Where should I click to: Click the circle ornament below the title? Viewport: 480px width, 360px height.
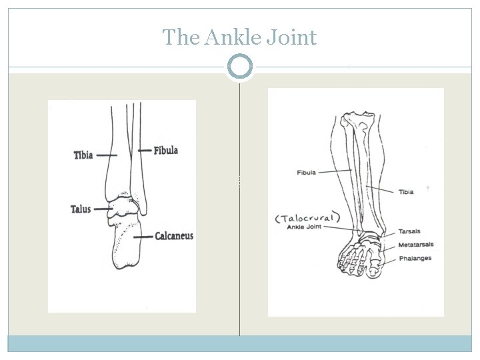pyautogui.click(x=240, y=67)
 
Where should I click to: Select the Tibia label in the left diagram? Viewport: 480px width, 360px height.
pyautogui.click(x=83, y=155)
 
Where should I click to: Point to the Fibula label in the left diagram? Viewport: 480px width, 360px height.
pyautogui.click(x=166, y=151)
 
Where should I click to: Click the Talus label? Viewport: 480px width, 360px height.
pyautogui.click(x=80, y=209)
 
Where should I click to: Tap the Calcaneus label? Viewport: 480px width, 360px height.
pyautogui.click(x=174, y=236)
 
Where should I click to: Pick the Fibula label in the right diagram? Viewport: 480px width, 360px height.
pyautogui.click(x=306, y=173)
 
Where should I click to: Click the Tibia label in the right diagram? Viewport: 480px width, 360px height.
pyautogui.click(x=405, y=192)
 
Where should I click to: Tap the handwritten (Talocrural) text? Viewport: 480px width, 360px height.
pyautogui.click(x=308, y=217)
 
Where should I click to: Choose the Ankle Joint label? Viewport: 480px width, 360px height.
pyautogui.click(x=304, y=227)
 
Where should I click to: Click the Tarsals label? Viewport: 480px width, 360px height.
pyautogui.click(x=409, y=232)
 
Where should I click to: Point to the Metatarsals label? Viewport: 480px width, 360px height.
pyautogui.click(x=415, y=245)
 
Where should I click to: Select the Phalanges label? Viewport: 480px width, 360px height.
pyautogui.click(x=415, y=258)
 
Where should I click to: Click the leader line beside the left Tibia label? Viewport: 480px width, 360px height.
pyautogui.click(x=107, y=155)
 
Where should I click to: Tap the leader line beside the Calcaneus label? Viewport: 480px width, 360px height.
pyautogui.click(x=143, y=236)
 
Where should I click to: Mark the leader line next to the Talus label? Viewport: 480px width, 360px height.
pyautogui.click(x=102, y=209)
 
